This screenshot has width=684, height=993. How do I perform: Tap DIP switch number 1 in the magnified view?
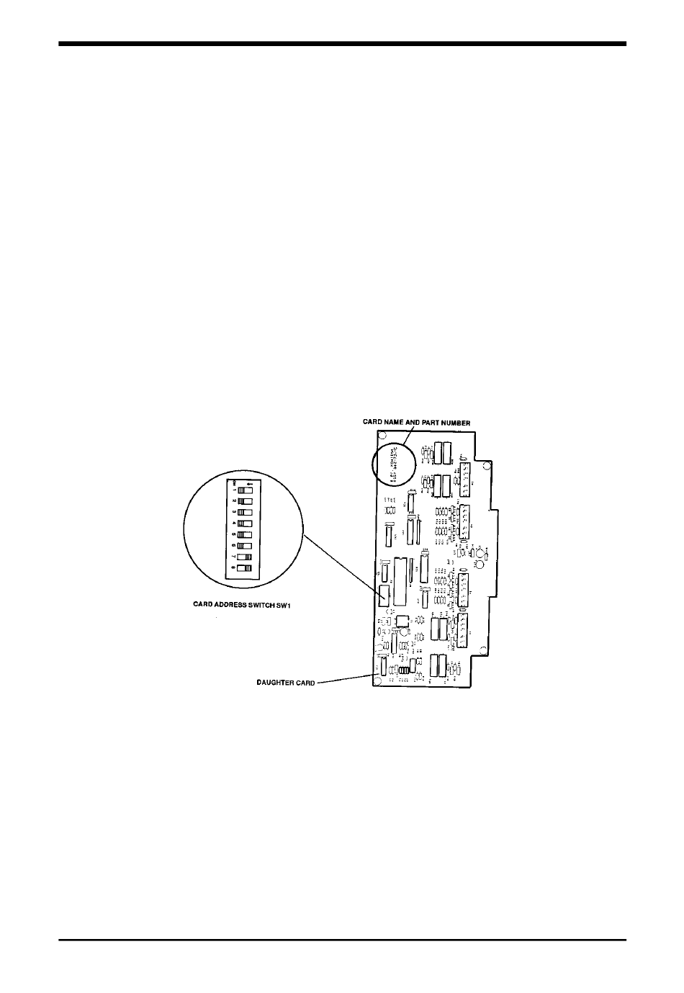[x=246, y=488]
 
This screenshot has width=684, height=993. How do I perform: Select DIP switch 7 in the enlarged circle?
[x=246, y=557]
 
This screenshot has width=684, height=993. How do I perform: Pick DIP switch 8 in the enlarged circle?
[x=246, y=568]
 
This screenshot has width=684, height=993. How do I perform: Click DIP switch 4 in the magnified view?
[x=246, y=523]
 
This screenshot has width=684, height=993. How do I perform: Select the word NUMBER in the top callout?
[x=454, y=423]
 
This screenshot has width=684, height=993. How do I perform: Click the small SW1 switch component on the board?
[x=384, y=594]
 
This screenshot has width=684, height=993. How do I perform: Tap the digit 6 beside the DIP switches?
[x=234, y=545]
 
